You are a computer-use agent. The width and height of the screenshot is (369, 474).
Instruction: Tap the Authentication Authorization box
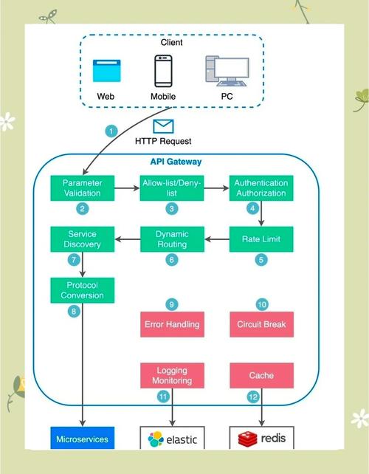[x=261, y=188]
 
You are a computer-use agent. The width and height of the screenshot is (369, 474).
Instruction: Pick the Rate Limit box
[x=261, y=239]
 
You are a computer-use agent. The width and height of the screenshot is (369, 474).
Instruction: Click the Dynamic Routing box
[x=171, y=239]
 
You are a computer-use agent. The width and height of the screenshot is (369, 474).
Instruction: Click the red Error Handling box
[x=171, y=323]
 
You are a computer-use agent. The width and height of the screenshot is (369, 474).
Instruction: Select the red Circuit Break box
[x=261, y=323]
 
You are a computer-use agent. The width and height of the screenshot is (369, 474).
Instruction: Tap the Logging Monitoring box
[x=171, y=375]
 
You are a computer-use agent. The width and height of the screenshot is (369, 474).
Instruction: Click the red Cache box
[x=261, y=375]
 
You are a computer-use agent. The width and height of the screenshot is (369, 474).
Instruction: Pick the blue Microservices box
[x=82, y=439]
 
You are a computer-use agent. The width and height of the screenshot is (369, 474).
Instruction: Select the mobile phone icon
[x=164, y=72]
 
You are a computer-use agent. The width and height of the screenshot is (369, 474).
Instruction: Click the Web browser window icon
[x=106, y=72]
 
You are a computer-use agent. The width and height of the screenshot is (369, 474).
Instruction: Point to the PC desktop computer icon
[x=222, y=71]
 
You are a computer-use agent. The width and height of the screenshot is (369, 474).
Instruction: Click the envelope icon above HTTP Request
[x=163, y=126]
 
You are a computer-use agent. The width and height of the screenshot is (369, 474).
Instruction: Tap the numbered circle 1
[x=112, y=131]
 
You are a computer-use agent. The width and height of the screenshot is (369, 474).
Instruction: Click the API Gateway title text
[x=170, y=161]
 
